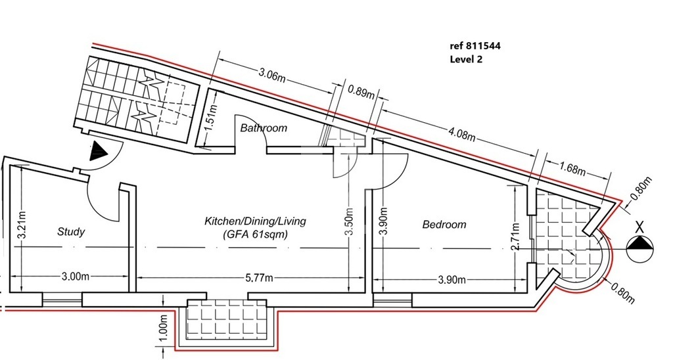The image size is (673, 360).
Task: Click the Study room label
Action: point(71,232)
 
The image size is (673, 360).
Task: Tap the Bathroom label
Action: point(263,128)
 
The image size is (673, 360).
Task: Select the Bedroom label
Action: point(444,224)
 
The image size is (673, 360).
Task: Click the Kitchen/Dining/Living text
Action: point(255,221)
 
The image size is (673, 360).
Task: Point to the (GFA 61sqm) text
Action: point(255,235)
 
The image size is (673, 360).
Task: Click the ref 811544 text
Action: point(475,46)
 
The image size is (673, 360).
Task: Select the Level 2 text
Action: point(466,59)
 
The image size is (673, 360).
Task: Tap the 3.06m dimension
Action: point(271,74)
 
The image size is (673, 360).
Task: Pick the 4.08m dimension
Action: point(461,133)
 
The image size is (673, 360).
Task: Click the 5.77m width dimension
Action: point(259,278)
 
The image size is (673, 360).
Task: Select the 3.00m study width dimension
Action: point(75,277)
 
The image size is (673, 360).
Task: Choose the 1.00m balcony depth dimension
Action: point(163,328)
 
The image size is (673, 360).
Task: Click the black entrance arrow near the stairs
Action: point(99,152)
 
